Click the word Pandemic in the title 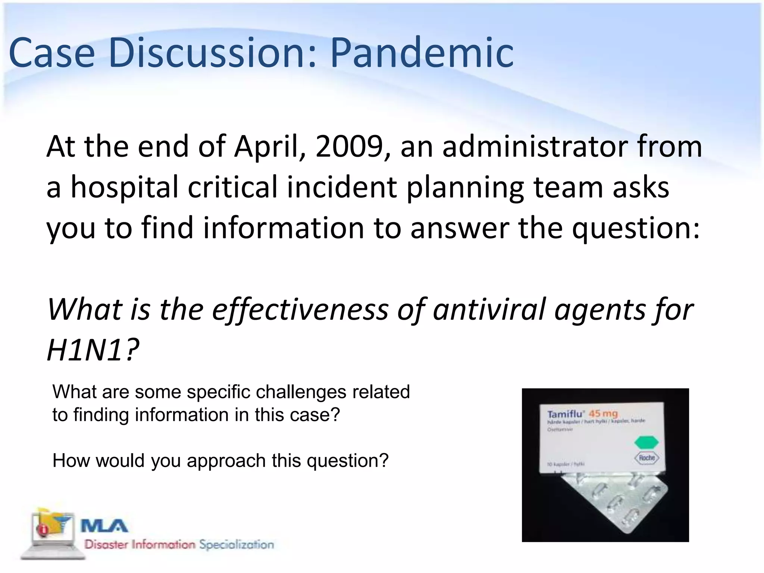pos(422,53)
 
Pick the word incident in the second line pos(341,187)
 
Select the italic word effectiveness pos(300,310)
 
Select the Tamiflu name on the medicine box pos(566,414)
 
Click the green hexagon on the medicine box pos(646,442)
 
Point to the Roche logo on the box pos(646,458)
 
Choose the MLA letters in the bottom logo pos(104,526)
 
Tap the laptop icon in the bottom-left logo pos(52,533)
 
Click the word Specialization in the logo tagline pos(237,545)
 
